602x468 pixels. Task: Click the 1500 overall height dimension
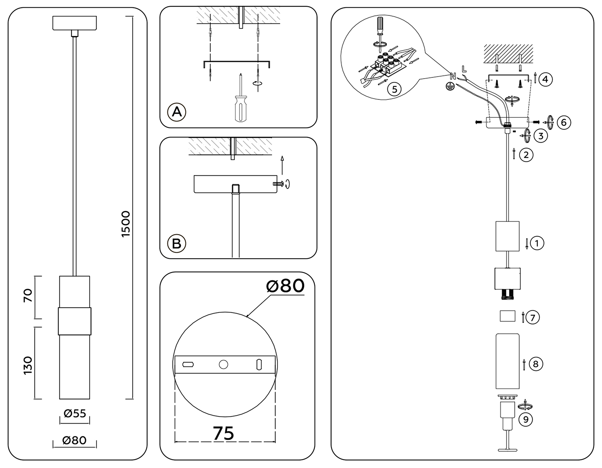pos(126,224)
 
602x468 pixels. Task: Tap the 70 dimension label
pos(28,296)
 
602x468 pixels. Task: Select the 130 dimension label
pos(28,365)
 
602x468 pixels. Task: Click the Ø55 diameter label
pos(75,414)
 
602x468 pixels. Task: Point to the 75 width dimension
pos(223,434)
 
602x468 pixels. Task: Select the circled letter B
pos(176,243)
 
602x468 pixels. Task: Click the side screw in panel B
pos(278,184)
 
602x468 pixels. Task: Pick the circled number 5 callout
pos(394,89)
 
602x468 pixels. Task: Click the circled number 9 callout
pos(525,420)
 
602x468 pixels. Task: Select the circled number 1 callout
pos(537,243)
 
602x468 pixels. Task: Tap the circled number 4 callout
pos(545,80)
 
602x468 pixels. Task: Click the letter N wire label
pos(453,77)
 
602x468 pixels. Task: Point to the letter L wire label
pos(464,69)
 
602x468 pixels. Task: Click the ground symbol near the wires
pos(450,87)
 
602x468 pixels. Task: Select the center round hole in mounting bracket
pos(223,364)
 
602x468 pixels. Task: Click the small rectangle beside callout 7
pos(507,316)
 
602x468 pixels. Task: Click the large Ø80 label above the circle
pos(285,286)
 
